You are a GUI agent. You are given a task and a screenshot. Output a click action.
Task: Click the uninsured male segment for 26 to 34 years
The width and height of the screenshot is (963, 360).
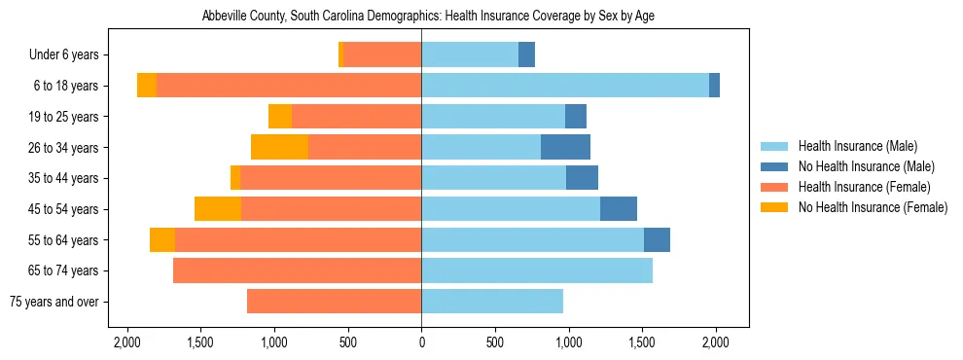pyautogui.click(x=565, y=148)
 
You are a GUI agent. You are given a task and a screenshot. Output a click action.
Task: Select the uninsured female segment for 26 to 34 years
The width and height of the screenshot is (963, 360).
pyautogui.click(x=279, y=148)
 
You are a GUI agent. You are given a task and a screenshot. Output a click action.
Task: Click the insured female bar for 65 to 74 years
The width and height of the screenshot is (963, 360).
pyautogui.click(x=297, y=270)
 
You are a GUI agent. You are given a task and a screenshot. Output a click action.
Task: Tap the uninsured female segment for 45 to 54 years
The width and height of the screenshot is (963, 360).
pyautogui.click(x=218, y=209)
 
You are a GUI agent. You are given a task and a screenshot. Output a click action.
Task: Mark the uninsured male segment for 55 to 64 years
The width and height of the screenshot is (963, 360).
pyautogui.click(x=657, y=239)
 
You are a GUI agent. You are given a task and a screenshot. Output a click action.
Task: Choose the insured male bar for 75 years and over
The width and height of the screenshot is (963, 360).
pyautogui.click(x=492, y=302)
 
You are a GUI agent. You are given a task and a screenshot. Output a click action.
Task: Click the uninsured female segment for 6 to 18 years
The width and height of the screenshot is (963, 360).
pyautogui.click(x=147, y=86)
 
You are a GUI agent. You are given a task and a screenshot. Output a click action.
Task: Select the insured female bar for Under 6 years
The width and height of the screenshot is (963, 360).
pyautogui.click(x=382, y=55)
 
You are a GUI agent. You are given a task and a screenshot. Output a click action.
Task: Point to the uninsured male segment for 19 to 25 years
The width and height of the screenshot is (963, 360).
pyautogui.click(x=576, y=117)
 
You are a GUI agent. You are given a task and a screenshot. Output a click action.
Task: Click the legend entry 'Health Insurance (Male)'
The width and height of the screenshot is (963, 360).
pyautogui.click(x=857, y=146)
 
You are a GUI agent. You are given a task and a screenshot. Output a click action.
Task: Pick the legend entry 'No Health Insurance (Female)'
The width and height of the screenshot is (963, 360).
pyautogui.click(x=873, y=207)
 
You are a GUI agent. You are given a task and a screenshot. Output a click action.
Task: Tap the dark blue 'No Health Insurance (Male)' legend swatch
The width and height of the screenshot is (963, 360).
pyautogui.click(x=774, y=166)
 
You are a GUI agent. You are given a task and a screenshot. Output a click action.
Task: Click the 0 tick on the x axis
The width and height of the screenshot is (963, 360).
pyautogui.click(x=421, y=342)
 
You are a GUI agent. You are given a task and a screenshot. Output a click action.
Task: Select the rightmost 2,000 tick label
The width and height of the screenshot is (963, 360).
pyautogui.click(x=715, y=342)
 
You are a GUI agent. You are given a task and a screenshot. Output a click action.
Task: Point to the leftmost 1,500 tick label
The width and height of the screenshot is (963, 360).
pyautogui.click(x=200, y=342)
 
